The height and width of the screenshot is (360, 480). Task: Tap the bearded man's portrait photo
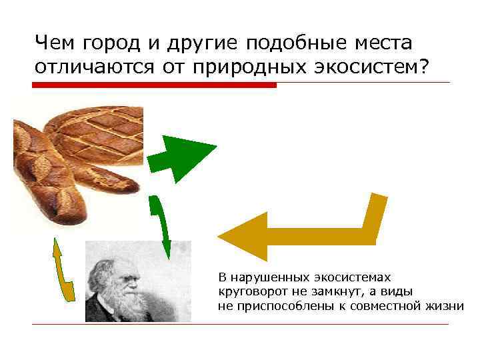pyautogui.click(x=138, y=281)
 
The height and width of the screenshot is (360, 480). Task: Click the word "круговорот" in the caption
pyautogui.click(x=247, y=291)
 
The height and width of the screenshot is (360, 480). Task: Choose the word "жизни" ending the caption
pyautogui.click(x=445, y=306)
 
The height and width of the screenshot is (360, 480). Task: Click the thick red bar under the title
pyautogui.click(x=154, y=85)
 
